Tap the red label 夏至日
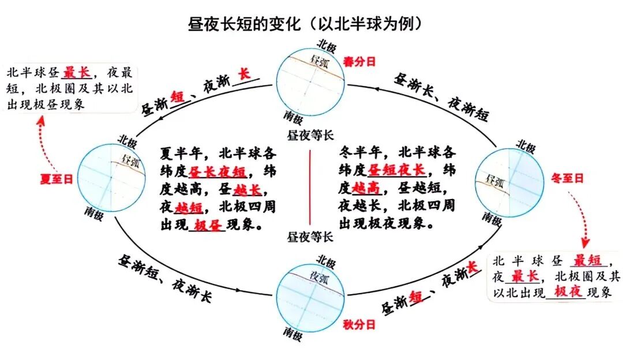pos(56,179)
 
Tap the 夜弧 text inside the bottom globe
pos(322,274)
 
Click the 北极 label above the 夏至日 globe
pos(127,140)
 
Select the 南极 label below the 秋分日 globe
pos(292,333)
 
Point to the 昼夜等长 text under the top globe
pos(310,136)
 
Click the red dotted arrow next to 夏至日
pos(43,141)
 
